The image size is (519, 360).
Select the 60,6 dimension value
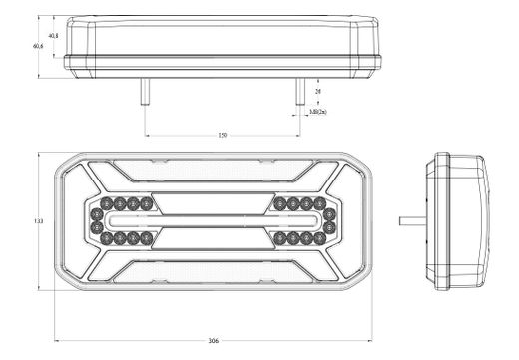38,46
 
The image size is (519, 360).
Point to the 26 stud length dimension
318,91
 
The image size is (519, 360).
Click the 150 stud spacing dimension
221,133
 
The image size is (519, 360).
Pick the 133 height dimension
38,220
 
